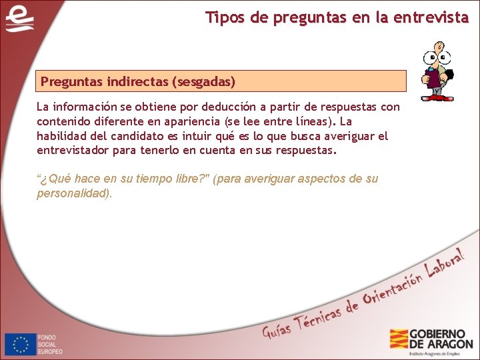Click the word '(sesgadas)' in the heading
[x=203, y=82]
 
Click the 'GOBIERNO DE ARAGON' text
[x=441, y=339]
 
